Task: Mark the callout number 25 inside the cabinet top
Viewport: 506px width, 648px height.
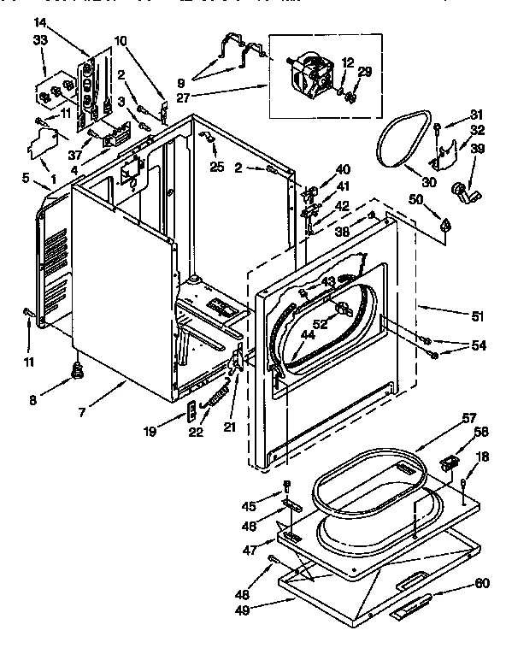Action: click(x=218, y=167)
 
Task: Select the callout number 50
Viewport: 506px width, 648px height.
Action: click(x=417, y=199)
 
